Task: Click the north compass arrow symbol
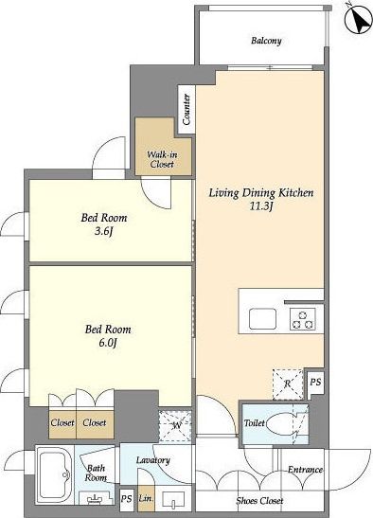(x=358, y=19)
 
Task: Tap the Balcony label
(x=266, y=41)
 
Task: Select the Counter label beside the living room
(x=186, y=109)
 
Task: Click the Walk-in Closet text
(x=162, y=159)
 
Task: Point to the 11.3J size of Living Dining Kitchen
(x=261, y=206)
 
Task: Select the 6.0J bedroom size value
(x=108, y=343)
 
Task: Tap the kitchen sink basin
(x=262, y=319)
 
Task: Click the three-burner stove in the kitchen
(x=303, y=319)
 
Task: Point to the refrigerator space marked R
(x=288, y=384)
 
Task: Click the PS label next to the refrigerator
(x=315, y=383)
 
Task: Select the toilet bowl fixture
(x=280, y=423)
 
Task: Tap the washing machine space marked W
(x=175, y=425)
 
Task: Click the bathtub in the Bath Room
(x=55, y=474)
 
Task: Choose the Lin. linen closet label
(x=146, y=498)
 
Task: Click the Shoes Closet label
(x=259, y=501)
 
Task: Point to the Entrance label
(x=305, y=470)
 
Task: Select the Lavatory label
(x=153, y=460)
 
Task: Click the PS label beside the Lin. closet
(x=127, y=498)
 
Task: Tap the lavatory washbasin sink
(x=173, y=499)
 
